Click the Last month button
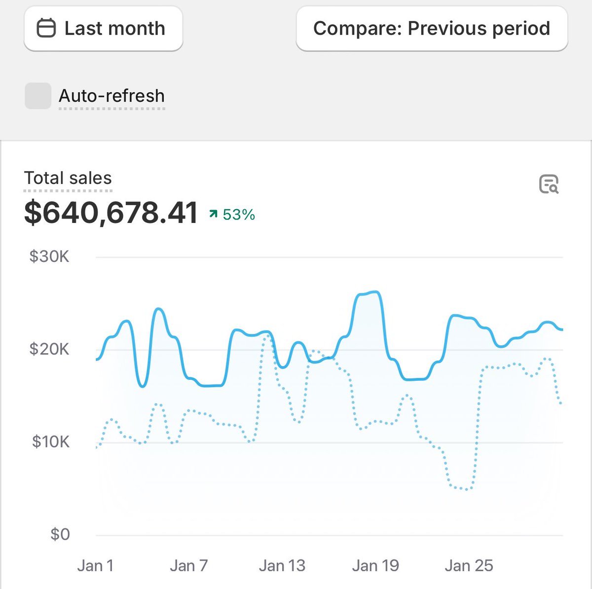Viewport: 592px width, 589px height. [x=103, y=29]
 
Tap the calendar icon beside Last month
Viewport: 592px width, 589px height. [x=46, y=28]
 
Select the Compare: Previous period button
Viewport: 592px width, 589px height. [x=432, y=29]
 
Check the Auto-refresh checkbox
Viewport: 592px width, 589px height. [x=38, y=96]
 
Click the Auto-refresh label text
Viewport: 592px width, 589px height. [x=111, y=96]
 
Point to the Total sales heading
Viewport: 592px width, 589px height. [x=68, y=178]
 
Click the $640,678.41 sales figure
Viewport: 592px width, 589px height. [x=111, y=213]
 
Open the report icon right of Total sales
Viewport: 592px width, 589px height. [x=549, y=184]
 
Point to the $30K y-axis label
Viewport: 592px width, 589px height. [x=49, y=257]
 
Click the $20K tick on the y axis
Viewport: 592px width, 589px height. [x=49, y=349]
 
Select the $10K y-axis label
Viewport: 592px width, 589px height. [x=50, y=442]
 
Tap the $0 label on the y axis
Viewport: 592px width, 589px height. [x=60, y=534]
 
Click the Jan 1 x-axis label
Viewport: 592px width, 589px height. [x=95, y=566]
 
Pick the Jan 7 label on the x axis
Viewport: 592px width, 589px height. [x=188, y=566]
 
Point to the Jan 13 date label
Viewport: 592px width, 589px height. [x=282, y=566]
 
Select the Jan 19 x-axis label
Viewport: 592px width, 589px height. [x=375, y=566]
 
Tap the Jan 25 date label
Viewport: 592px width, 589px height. [x=469, y=566]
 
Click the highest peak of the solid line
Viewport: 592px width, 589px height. [x=375, y=292]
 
